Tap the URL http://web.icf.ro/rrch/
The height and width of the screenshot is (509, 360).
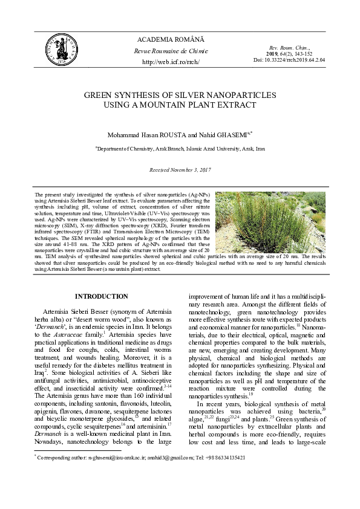[x=170, y=62]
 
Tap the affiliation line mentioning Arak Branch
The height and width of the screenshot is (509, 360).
[x=180, y=148]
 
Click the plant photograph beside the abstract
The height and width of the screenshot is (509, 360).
[x=270, y=228]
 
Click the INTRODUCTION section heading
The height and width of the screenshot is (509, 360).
[x=101, y=296]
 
